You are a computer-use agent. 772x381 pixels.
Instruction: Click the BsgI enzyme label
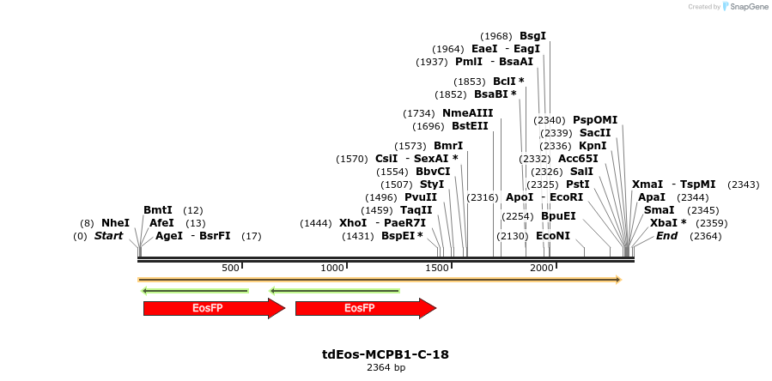532,36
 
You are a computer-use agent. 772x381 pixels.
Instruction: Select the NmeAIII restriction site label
467,113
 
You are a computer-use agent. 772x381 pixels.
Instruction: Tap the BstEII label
470,126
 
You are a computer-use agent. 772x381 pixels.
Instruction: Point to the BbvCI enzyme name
433,172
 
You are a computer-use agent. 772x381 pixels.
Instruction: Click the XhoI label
353,223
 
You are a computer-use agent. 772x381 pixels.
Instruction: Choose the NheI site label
115,223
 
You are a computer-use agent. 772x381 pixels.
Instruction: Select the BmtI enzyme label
158,210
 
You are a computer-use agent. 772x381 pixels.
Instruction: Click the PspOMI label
595,120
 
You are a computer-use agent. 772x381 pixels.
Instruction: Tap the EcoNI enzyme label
553,236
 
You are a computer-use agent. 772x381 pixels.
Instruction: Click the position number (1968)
496,36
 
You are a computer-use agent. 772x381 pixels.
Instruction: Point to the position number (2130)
513,236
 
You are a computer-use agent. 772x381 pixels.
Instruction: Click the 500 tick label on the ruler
230,269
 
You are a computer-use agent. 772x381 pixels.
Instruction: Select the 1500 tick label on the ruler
438,269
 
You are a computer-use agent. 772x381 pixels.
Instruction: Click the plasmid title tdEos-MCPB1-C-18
386,354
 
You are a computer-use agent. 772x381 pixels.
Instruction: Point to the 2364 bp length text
386,367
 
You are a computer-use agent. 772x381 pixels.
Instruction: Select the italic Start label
109,236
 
